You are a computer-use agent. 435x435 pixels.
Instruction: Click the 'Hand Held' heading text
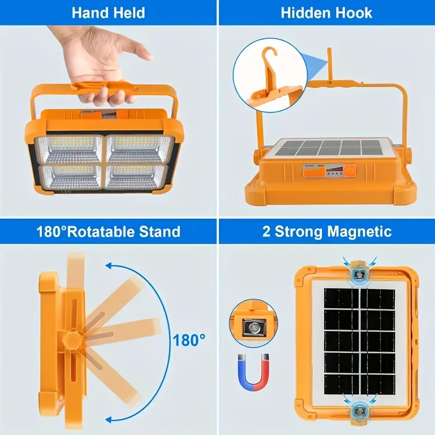(x=108, y=12)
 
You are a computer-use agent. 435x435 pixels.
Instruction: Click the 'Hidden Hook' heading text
(x=326, y=12)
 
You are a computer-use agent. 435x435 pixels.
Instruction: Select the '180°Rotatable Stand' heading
(x=108, y=231)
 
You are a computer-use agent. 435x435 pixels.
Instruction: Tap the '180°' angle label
(x=190, y=341)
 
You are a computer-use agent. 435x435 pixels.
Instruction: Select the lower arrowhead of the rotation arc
(x=111, y=418)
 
